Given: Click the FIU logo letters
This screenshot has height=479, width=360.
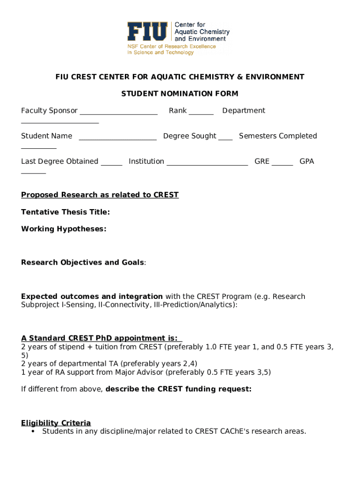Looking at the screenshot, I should click(147, 32).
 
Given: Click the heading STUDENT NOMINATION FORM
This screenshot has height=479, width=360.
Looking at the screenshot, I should click(180, 94).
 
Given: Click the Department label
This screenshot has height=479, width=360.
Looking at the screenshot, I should click(244, 110).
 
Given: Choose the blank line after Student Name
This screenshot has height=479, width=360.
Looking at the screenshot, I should click(118, 138).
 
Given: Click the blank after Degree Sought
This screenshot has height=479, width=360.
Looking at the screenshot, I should click(225, 138).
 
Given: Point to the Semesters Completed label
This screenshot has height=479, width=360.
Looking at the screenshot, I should click(278, 136).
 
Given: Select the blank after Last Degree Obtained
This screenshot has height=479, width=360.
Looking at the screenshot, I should click(112, 163).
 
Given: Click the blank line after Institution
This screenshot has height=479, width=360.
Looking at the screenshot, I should click(207, 163).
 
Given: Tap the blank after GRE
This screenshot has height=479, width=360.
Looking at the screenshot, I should click(282, 163).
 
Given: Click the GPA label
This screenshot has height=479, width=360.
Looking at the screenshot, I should click(307, 161).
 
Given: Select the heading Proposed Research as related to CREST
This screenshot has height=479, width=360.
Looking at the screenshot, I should click(100, 195).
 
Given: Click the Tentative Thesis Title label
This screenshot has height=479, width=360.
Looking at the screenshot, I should click(65, 212).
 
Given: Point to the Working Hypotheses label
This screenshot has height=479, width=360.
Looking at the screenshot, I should click(64, 229).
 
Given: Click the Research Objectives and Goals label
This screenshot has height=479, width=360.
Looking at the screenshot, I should click(83, 262).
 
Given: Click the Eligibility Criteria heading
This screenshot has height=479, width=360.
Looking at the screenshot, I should click(56, 423).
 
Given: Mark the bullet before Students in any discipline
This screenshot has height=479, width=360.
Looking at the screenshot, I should click(33, 431).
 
